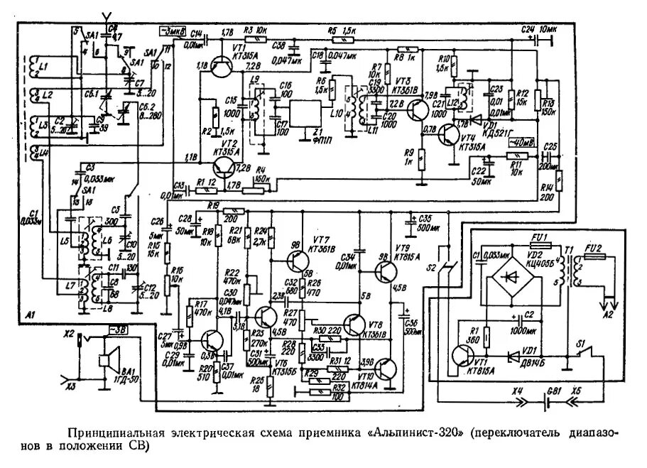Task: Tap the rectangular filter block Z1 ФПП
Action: point(307,114)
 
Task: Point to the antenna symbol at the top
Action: point(107,16)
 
